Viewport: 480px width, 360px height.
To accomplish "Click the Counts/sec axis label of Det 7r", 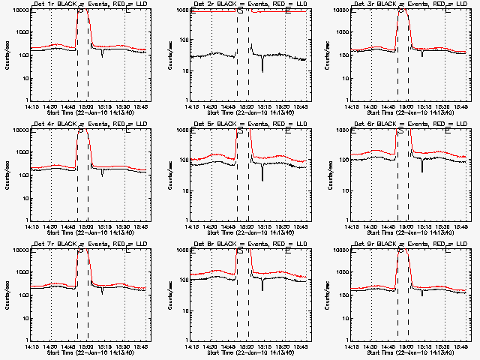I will pos(7,293).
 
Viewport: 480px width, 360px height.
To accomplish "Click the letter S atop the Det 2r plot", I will pos(239,10).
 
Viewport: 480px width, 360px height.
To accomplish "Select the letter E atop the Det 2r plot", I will pos(288,10).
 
